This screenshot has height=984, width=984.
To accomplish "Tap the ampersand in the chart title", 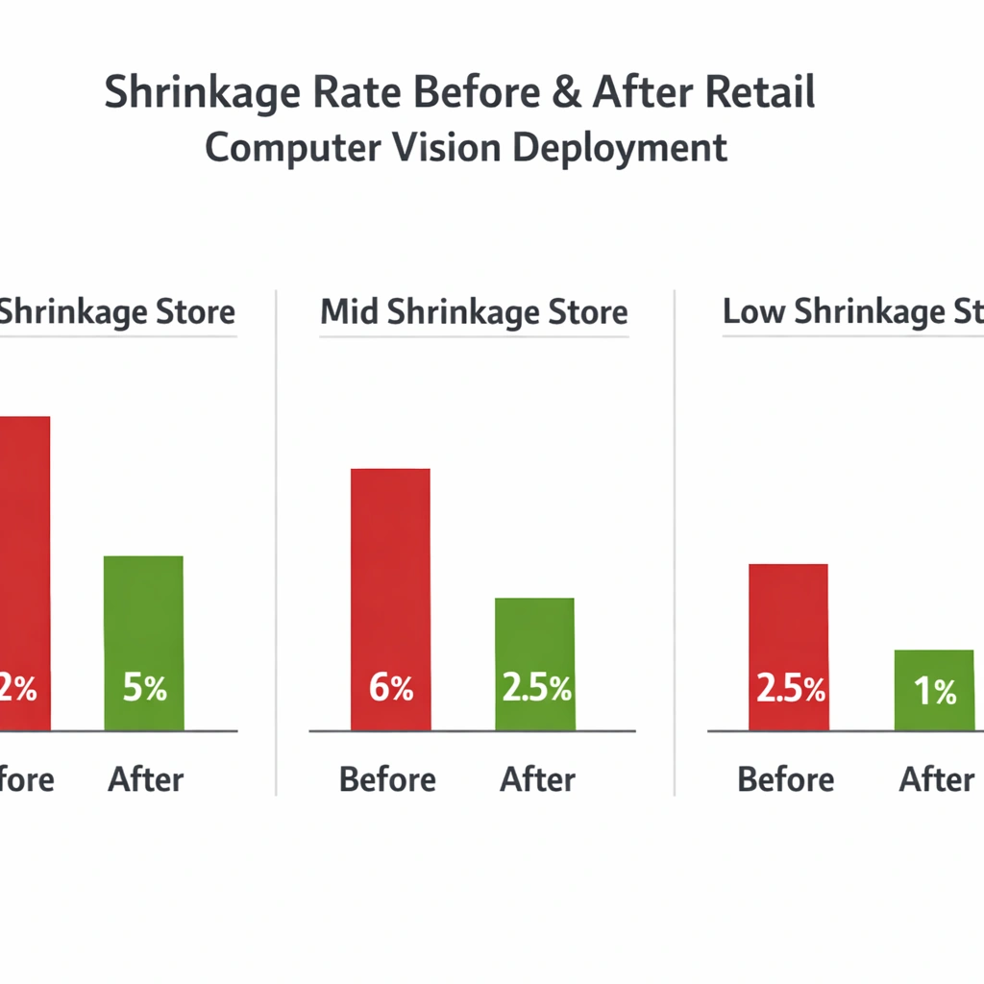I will (560, 93).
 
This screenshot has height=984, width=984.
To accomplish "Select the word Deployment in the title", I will (620, 149).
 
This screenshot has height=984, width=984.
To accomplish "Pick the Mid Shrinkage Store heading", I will (474, 312).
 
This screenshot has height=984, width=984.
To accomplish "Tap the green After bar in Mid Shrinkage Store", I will (534, 663).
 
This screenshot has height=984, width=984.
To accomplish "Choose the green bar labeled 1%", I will (934, 689).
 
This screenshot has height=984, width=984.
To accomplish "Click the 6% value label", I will (391, 688).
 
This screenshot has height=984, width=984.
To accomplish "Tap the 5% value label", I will (144, 688).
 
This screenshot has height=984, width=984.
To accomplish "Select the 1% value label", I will (935, 691).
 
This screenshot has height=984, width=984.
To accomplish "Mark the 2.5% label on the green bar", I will (536, 688).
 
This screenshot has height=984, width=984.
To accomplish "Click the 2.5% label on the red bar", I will (790, 688).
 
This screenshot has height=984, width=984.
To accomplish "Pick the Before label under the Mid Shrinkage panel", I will (387, 779).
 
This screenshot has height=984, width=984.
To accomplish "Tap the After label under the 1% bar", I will (937, 779).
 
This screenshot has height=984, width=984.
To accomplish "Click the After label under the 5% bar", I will (145, 779).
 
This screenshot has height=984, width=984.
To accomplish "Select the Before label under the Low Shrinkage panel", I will (785, 779).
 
